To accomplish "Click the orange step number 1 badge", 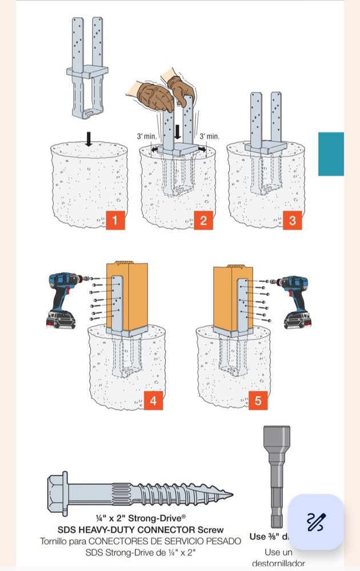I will [x=115, y=220].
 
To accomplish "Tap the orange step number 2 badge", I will [x=203, y=220].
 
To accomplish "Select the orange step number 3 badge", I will [x=292, y=220].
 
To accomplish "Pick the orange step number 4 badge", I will [x=153, y=401].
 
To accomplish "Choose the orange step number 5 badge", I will [x=258, y=401].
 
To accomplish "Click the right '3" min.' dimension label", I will [x=209, y=137].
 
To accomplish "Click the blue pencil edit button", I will [x=315, y=522].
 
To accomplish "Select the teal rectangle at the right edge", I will [x=331, y=154].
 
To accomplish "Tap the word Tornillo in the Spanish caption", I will [x=57, y=541].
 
